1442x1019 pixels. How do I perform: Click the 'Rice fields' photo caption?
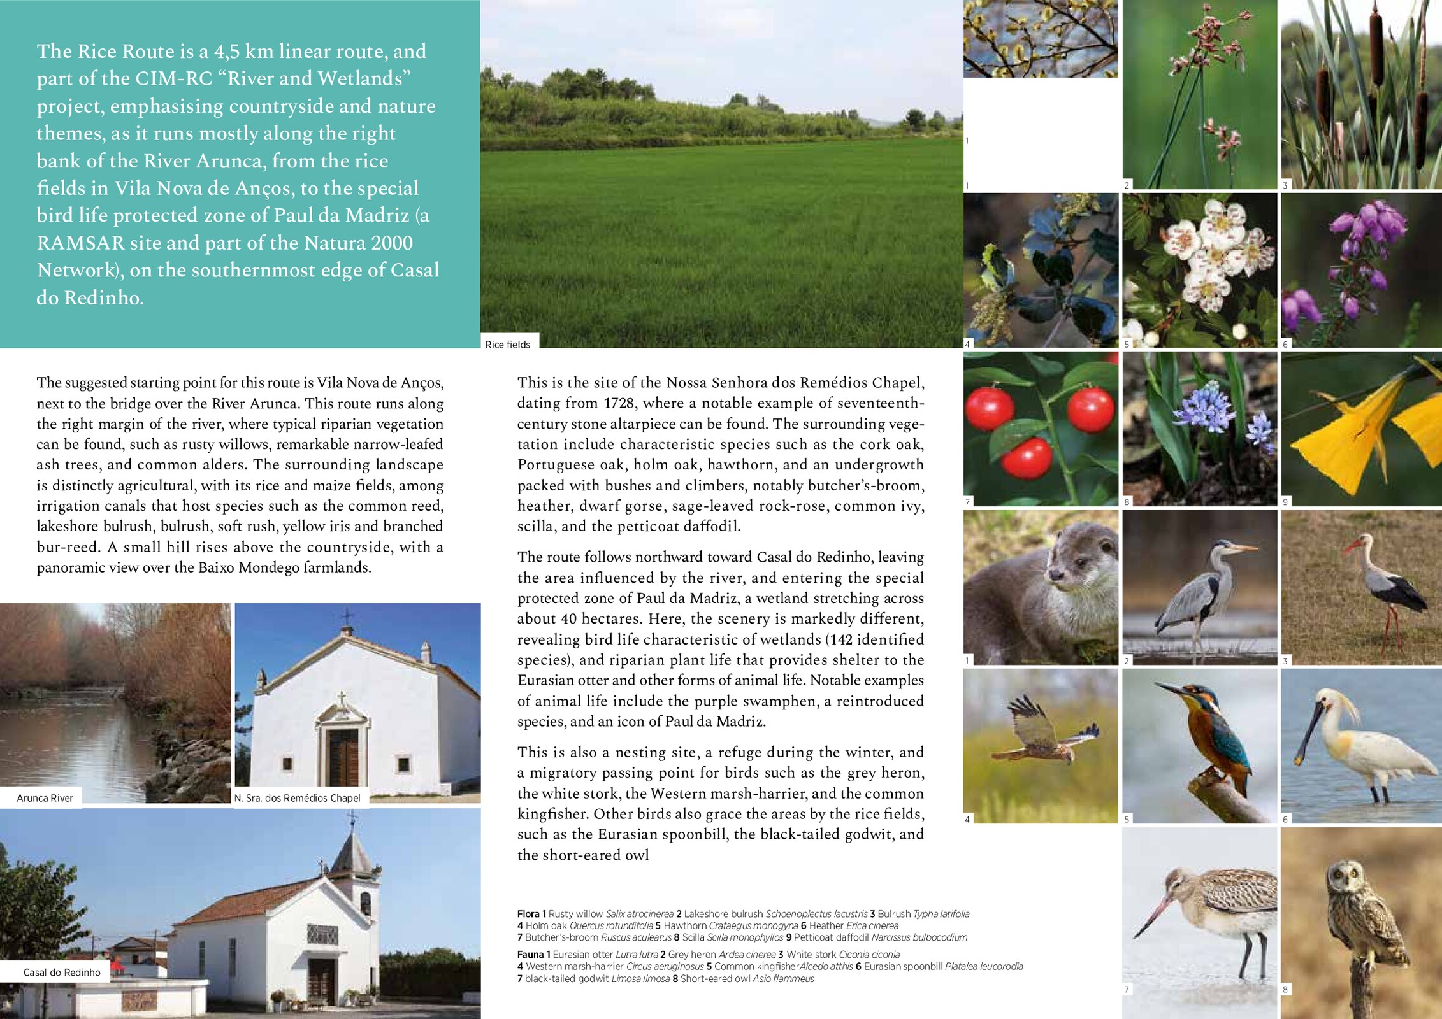[x=507, y=345]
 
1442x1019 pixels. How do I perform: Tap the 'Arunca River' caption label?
[x=45, y=798]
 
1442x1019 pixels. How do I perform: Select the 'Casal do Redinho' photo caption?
[x=62, y=973]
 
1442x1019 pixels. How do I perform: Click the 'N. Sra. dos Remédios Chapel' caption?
[x=297, y=798]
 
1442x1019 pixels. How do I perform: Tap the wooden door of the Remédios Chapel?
[x=343, y=758]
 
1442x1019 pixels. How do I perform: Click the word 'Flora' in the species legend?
[x=528, y=914]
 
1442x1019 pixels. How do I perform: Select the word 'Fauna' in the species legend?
[x=530, y=955]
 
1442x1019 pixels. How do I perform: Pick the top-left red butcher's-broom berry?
[x=990, y=408]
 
